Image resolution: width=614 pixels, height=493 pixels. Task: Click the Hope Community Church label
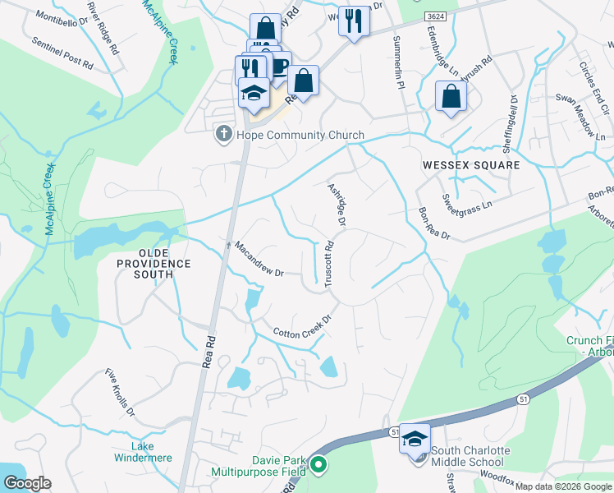tap(300, 135)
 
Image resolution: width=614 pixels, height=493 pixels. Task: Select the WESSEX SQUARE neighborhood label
tap(471, 165)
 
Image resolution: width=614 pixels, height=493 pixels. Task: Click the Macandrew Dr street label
tap(258, 258)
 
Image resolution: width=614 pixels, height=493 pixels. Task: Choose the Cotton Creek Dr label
tap(301, 326)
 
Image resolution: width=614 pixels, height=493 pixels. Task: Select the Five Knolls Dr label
tap(120, 392)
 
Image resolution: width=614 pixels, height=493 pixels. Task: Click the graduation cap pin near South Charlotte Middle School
tap(415, 438)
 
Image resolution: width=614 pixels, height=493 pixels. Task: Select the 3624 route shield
tap(437, 16)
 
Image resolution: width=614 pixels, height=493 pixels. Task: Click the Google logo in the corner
tap(26, 483)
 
